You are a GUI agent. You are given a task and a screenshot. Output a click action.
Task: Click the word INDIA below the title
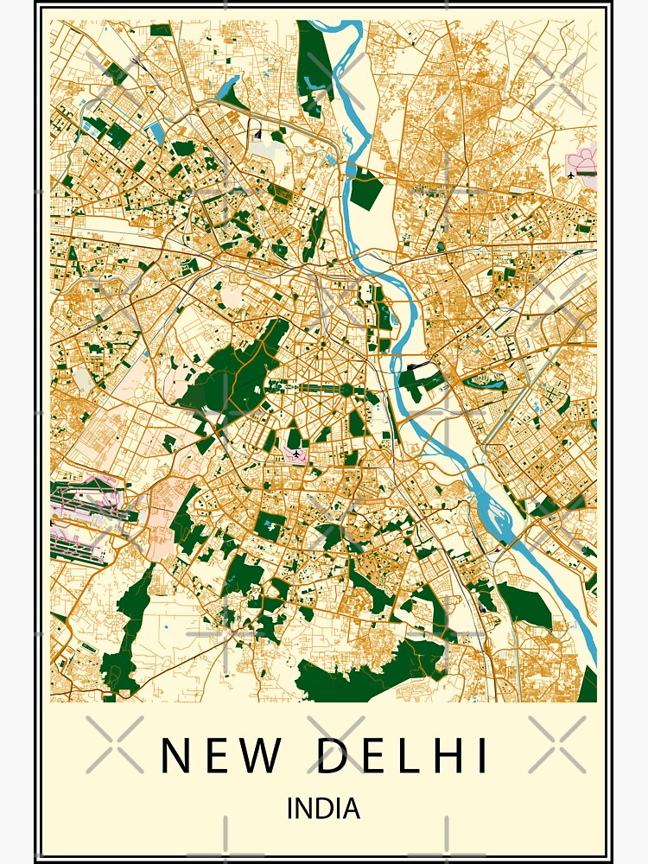point(323,809)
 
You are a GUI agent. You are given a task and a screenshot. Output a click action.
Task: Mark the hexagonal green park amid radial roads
point(346,390)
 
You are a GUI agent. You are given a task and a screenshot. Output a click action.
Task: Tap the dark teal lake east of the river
point(484,379)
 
